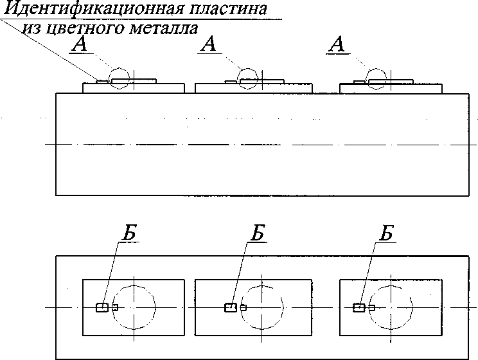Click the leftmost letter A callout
[80, 44]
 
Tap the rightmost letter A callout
[337, 44]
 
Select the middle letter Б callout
[258, 233]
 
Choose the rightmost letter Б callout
[386, 233]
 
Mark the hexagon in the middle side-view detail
[238, 78]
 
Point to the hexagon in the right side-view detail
[367, 78]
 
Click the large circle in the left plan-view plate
[112, 307]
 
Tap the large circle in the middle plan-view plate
[241, 307]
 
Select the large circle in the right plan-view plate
[370, 307]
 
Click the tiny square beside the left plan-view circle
[115, 307]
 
